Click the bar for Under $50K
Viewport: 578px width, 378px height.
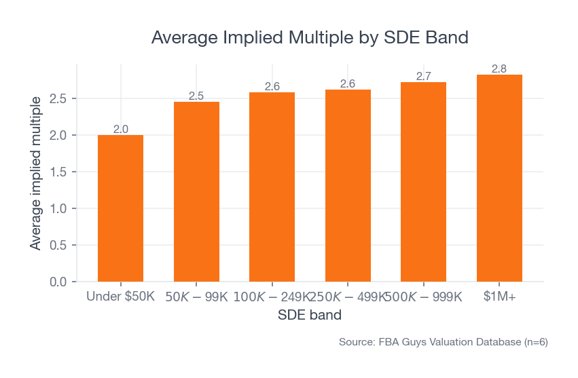tap(120, 208)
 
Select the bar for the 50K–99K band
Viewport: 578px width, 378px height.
tap(196, 191)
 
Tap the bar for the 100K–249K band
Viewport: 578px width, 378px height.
tap(272, 187)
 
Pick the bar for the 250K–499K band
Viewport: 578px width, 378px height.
tap(348, 185)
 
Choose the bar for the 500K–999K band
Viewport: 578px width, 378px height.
tap(423, 182)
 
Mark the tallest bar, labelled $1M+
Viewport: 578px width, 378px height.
tap(499, 178)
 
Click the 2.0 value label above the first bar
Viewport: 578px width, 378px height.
tap(120, 129)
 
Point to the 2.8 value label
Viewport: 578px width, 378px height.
tap(499, 69)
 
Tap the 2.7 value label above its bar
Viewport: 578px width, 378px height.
tap(423, 76)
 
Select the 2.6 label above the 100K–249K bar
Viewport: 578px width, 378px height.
tap(272, 86)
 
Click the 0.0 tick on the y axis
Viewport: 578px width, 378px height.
tap(58, 282)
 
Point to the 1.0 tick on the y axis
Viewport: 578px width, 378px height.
tap(58, 208)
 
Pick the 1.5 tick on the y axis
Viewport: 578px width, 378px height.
tap(58, 172)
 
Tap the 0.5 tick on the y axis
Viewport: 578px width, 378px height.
tap(58, 245)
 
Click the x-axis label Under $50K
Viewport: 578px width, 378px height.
tap(120, 297)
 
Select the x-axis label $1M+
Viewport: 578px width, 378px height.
tap(499, 297)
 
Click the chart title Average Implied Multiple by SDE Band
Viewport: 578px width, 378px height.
tap(310, 37)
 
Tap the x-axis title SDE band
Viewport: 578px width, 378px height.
tap(310, 316)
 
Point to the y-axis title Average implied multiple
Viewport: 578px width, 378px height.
tap(36, 172)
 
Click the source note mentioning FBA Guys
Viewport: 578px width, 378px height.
tap(443, 343)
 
